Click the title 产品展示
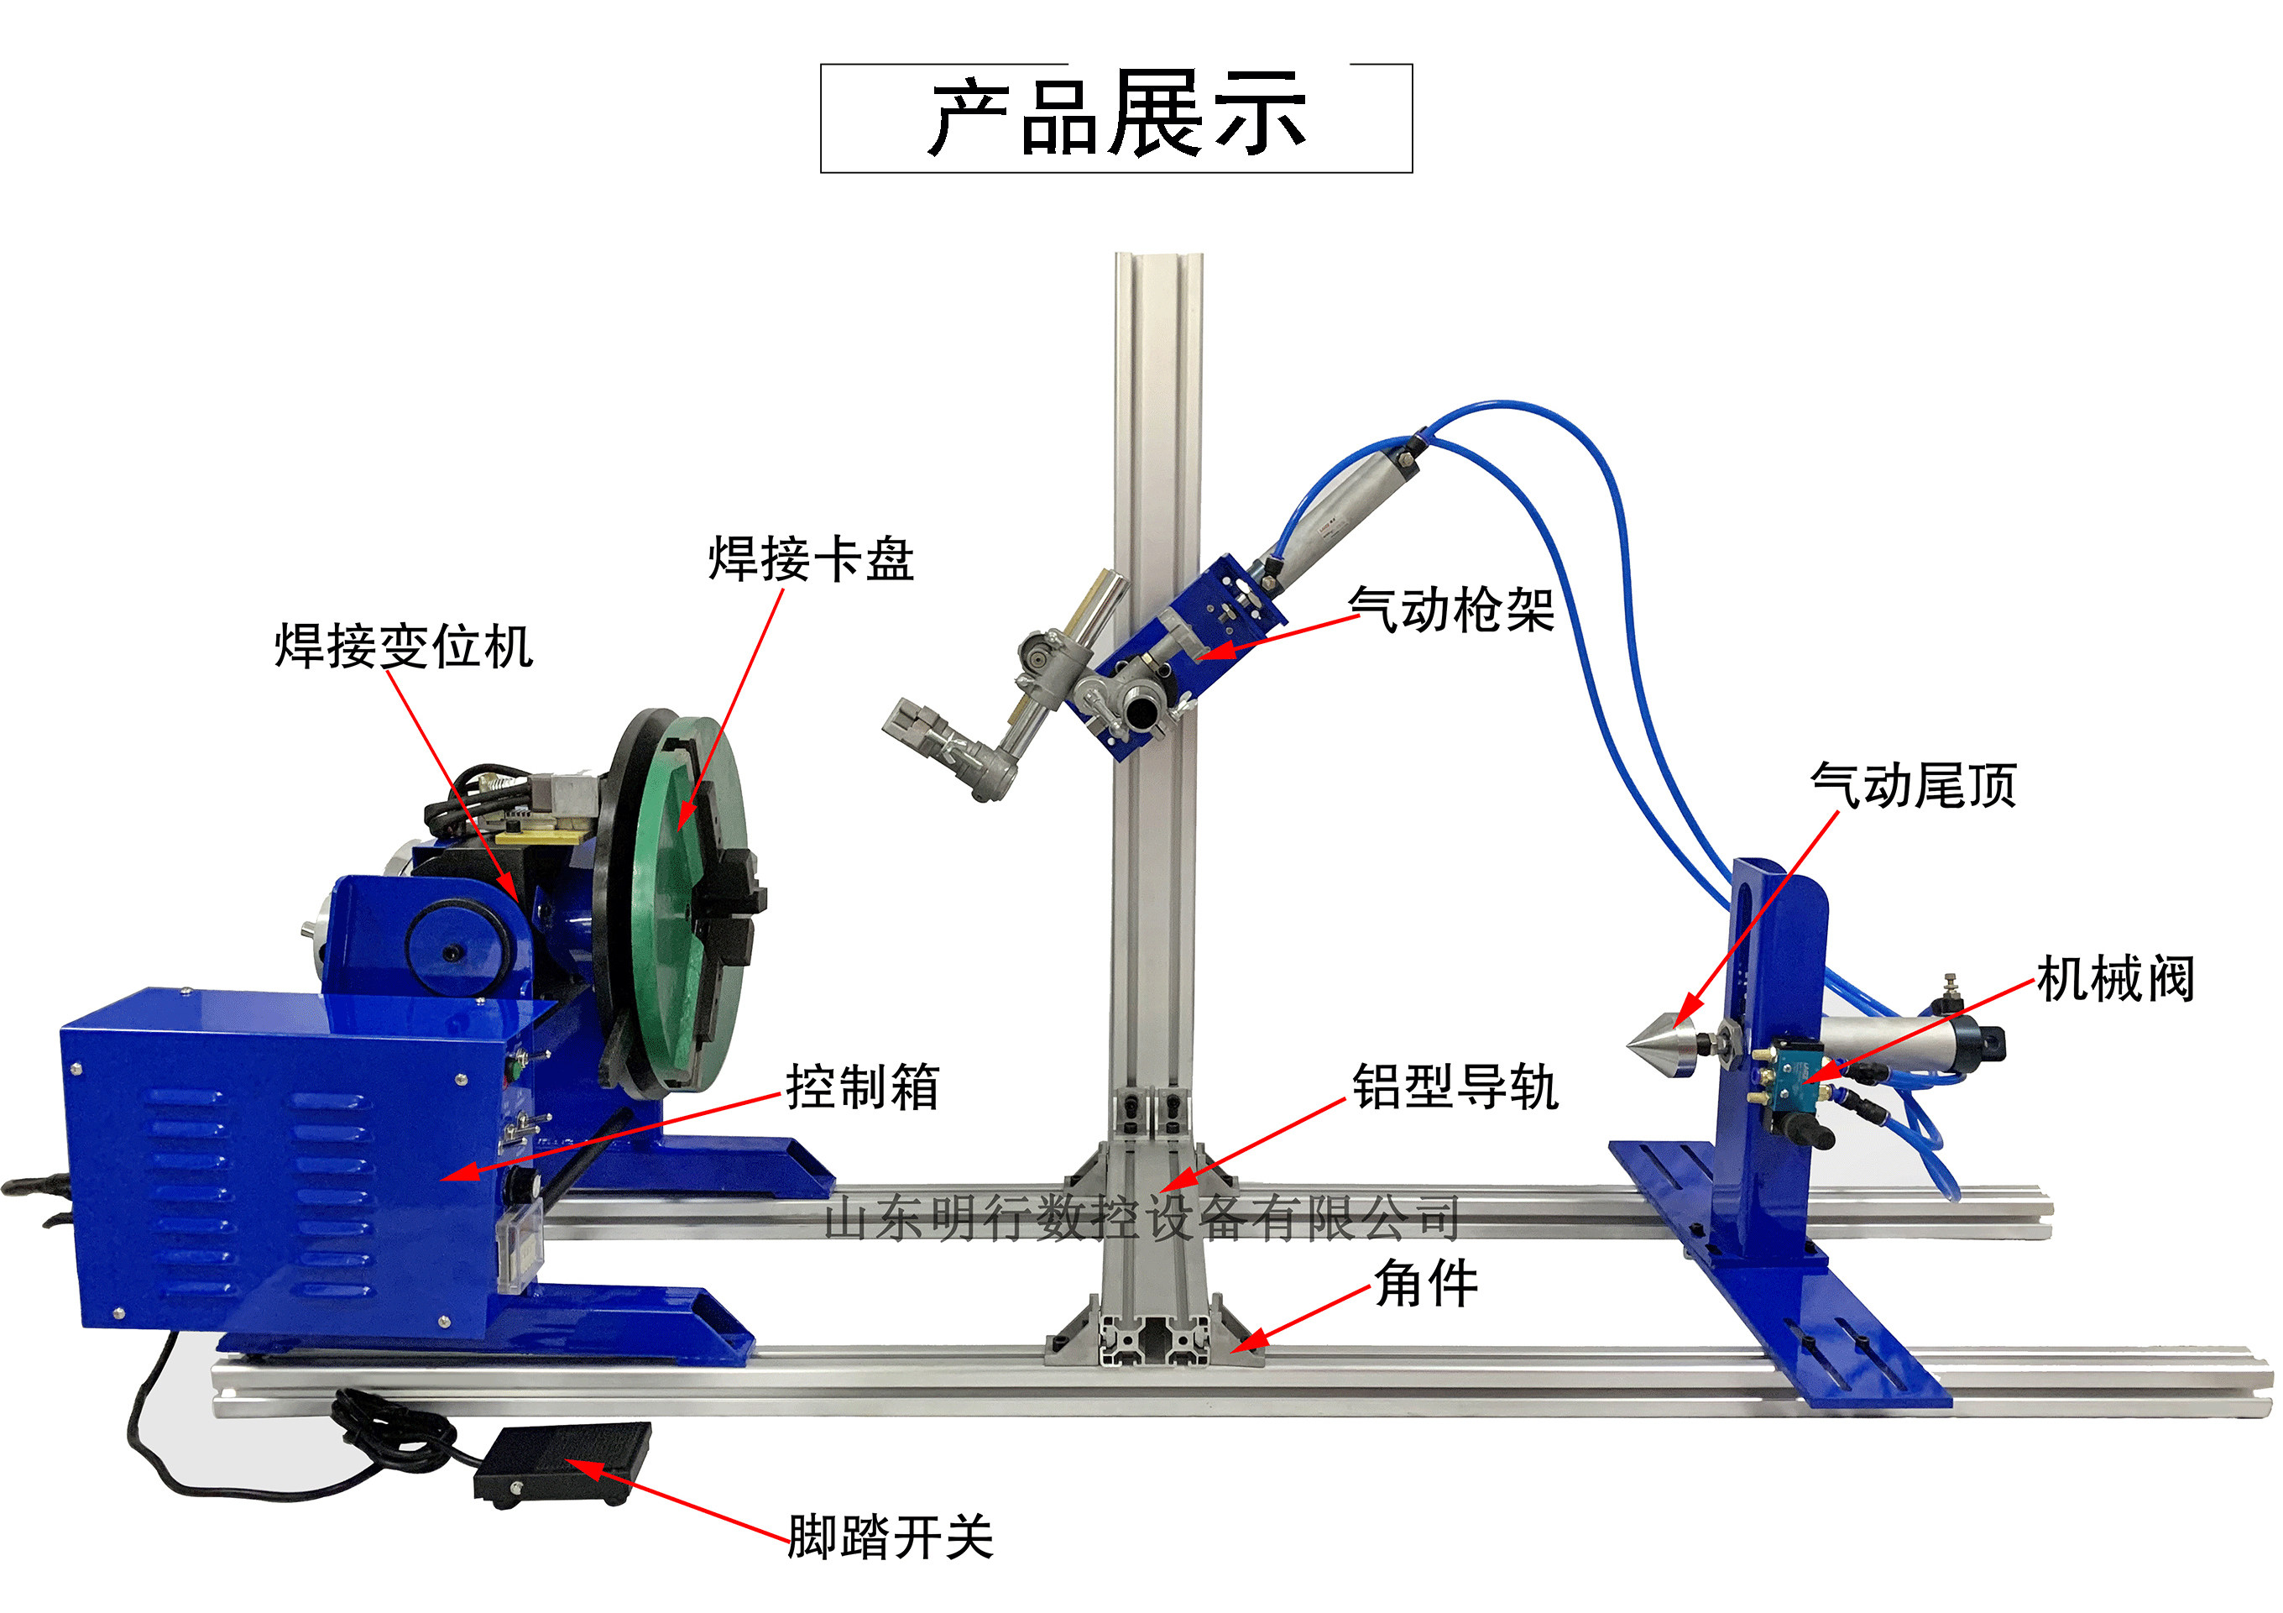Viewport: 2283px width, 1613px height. [x=1115, y=118]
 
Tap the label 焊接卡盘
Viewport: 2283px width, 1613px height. [x=811, y=559]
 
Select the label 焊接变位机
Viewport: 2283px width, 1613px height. [x=404, y=647]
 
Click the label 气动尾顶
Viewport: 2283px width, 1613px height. [x=1912, y=786]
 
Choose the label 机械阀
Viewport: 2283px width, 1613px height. [x=2115, y=980]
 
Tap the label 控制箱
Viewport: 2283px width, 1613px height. [x=862, y=1086]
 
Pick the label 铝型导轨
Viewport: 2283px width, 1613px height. [x=1455, y=1086]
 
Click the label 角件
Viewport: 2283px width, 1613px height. [x=1426, y=1283]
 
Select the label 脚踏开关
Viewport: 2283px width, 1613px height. [x=890, y=1537]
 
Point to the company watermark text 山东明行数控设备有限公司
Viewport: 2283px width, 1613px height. [x=1141, y=1218]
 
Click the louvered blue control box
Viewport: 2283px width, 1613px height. [x=269, y=1164]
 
